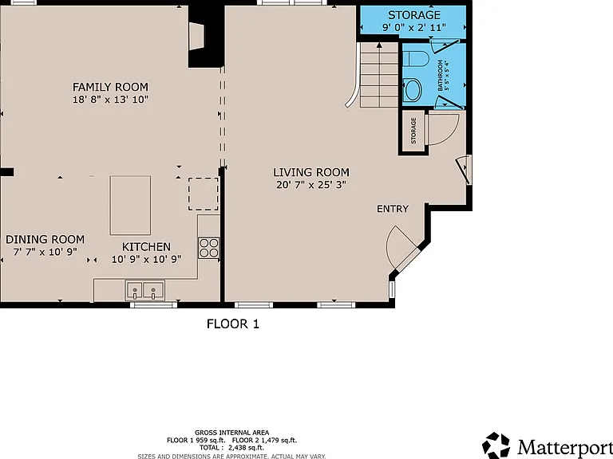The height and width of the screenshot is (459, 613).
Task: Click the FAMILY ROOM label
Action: (111, 87)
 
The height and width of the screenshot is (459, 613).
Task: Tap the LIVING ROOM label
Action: (311, 172)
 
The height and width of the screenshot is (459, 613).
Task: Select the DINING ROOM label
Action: (45, 239)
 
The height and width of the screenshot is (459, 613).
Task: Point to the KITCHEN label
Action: (146, 247)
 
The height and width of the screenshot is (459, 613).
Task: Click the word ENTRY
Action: (393, 209)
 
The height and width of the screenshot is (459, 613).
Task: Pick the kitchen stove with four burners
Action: (209, 248)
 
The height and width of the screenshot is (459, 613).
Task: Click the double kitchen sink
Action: (144, 290)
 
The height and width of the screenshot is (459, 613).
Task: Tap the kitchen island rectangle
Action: (130, 206)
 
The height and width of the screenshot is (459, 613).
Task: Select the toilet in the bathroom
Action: (416, 59)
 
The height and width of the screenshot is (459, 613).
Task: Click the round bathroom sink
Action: (412, 89)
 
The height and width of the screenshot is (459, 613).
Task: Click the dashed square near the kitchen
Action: (204, 194)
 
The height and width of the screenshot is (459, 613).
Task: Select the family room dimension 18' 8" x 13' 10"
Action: (111, 99)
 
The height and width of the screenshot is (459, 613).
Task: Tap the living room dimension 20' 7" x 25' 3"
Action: (311, 185)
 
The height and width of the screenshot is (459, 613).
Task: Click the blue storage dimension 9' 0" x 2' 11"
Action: (414, 28)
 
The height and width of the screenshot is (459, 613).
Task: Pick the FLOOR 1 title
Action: (233, 324)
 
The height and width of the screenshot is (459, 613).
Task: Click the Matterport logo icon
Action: (496, 445)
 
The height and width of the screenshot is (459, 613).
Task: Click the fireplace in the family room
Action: (196, 37)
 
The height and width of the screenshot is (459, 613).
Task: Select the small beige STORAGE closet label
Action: (413, 131)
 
